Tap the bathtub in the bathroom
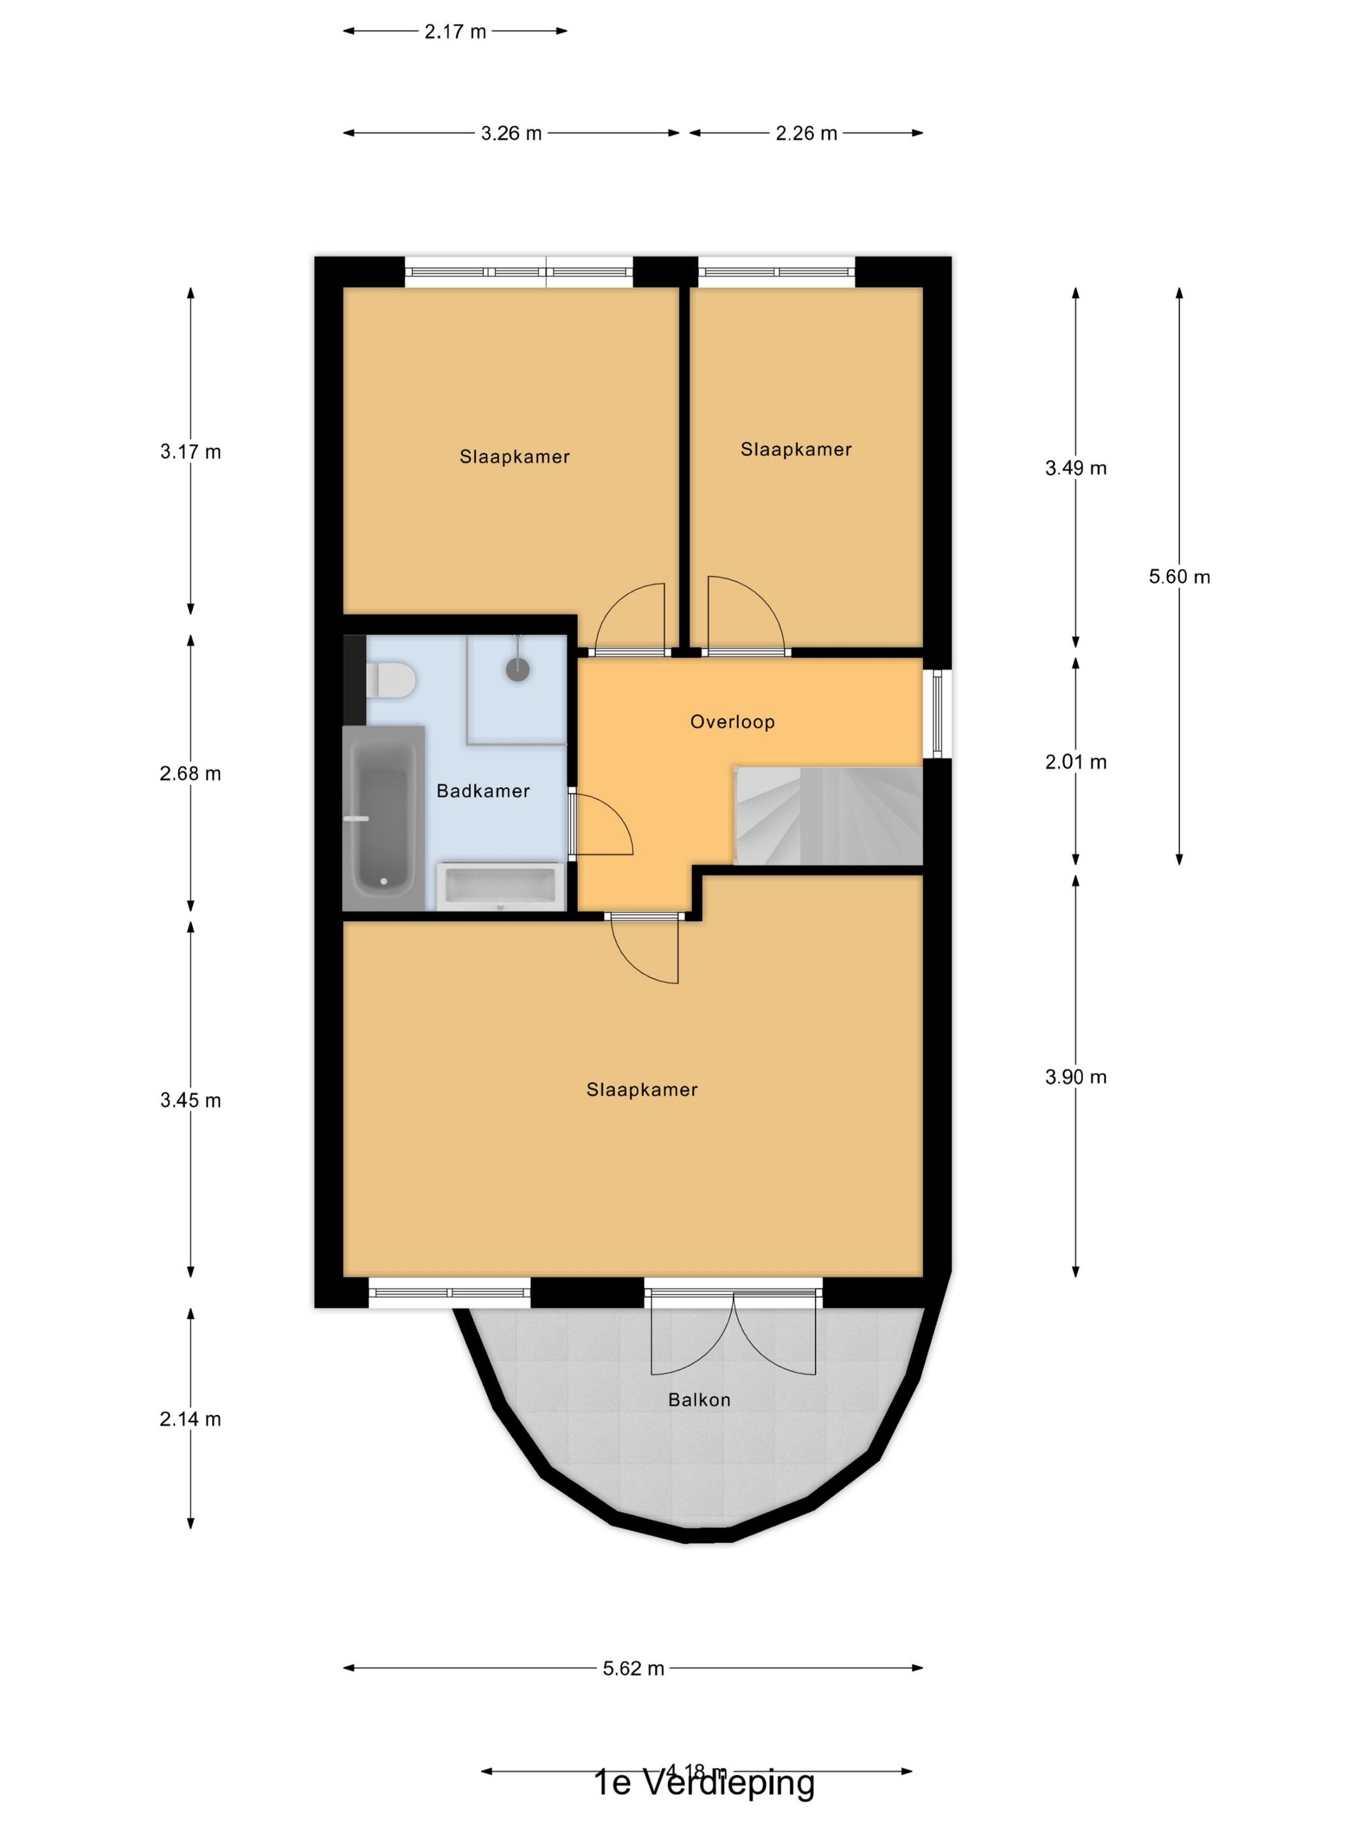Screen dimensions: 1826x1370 (x=384, y=817)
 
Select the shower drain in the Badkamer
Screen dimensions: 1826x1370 (x=517, y=670)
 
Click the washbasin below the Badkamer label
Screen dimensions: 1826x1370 (x=500, y=886)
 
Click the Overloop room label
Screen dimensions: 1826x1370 (x=732, y=721)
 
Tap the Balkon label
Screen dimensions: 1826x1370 (x=699, y=1399)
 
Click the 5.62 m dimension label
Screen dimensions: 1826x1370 (x=633, y=1668)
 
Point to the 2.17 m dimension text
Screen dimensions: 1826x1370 (x=455, y=31)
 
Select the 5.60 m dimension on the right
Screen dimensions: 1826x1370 (x=1178, y=576)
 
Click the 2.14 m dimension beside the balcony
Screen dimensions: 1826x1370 (x=190, y=1419)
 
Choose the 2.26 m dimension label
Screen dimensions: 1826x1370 (x=806, y=133)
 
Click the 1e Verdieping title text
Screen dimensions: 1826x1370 (x=703, y=1783)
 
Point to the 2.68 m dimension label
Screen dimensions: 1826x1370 (x=190, y=773)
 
